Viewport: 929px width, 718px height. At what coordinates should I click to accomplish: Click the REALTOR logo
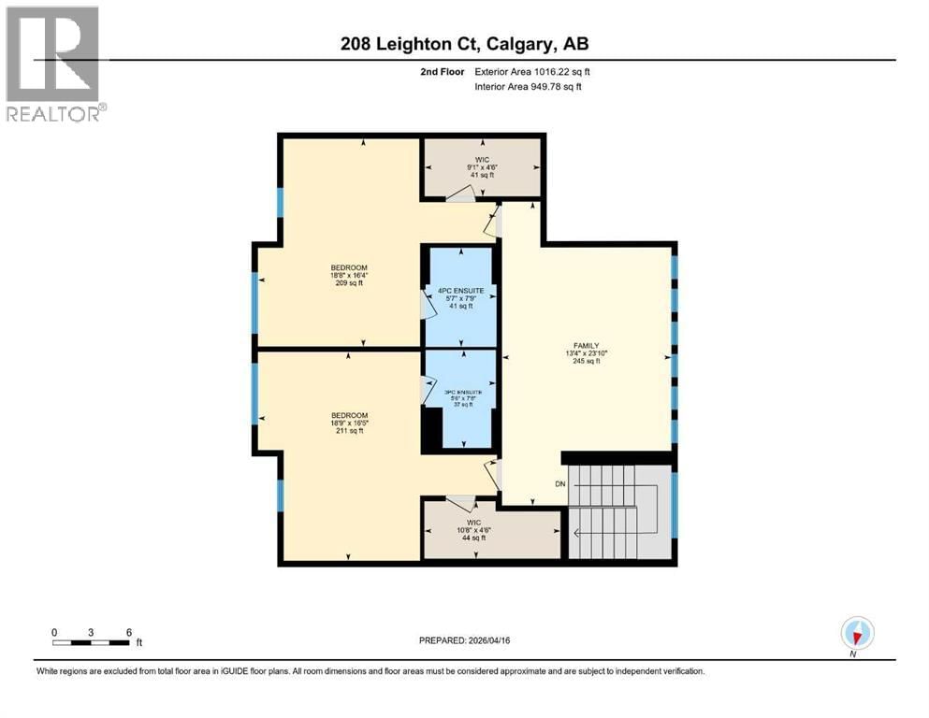click(x=54, y=64)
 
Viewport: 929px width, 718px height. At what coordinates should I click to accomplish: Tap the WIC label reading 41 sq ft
click(x=482, y=167)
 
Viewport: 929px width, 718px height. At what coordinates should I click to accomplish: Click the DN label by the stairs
click(x=560, y=483)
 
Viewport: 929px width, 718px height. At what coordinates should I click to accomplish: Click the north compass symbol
click(x=856, y=634)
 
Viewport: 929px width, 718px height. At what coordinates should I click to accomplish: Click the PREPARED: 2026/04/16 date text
click(x=464, y=640)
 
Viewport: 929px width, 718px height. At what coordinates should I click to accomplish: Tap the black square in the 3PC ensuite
click(x=431, y=431)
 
